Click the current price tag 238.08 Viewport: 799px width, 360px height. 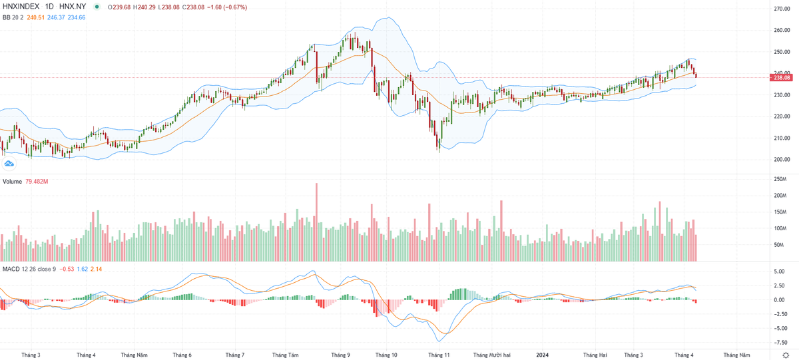(x=780, y=78)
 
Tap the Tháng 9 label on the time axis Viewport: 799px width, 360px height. (x=340, y=355)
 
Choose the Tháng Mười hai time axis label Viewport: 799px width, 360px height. (x=492, y=355)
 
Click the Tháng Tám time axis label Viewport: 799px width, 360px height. (x=286, y=355)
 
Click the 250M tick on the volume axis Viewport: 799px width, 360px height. (x=780, y=180)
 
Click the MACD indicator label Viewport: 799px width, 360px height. (x=10, y=269)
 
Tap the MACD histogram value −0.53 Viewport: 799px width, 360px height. (x=67, y=269)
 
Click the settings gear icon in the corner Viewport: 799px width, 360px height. (x=786, y=355)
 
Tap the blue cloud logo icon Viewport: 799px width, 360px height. (x=9, y=163)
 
